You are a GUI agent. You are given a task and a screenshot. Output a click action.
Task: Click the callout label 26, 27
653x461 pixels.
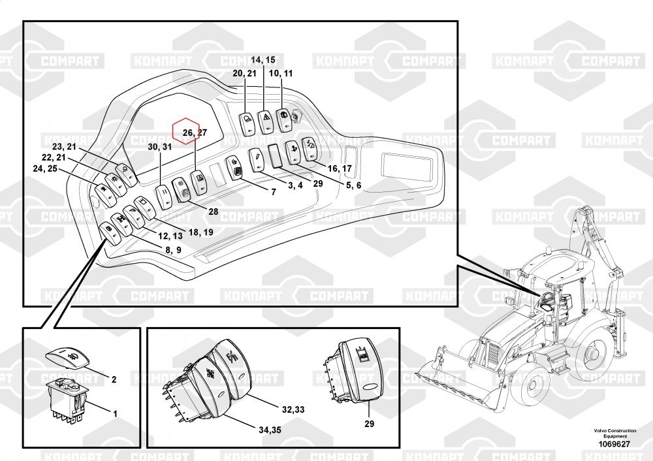tap(195, 133)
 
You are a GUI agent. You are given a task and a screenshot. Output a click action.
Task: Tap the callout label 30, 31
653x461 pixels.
tap(159, 148)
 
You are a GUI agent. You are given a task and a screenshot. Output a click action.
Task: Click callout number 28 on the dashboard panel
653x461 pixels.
tap(214, 211)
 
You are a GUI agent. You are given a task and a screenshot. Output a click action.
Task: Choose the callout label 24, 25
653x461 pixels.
tap(44, 169)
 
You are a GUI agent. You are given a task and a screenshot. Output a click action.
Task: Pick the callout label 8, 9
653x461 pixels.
tap(173, 249)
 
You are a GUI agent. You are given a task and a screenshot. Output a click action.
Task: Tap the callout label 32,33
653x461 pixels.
tap(293, 410)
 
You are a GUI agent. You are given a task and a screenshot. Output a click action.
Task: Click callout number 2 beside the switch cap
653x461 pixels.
tap(114, 379)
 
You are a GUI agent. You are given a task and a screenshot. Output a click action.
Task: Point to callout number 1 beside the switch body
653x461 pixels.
tap(116, 413)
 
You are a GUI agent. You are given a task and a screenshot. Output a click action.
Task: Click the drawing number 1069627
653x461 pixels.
tap(613, 444)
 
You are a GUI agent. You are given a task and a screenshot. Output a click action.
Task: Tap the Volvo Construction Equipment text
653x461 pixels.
tap(613, 434)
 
